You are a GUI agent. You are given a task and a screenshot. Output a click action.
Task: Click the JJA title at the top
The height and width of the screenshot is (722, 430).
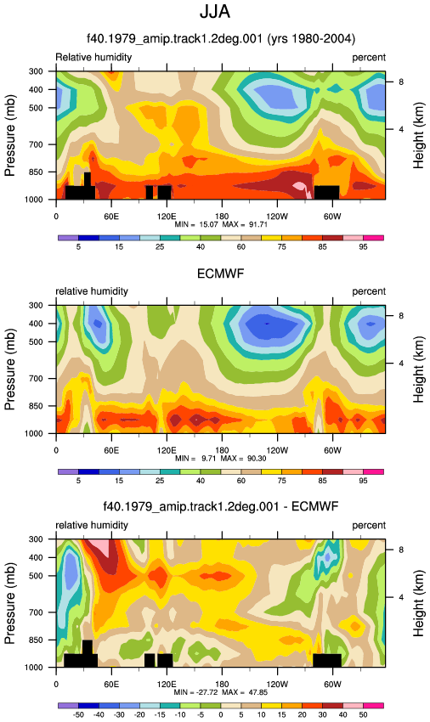click(215, 12)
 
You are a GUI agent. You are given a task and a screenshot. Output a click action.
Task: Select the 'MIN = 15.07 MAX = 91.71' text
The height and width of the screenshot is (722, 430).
click(221, 224)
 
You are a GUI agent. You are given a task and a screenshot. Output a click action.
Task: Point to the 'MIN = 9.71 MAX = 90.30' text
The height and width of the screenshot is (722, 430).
click(221, 458)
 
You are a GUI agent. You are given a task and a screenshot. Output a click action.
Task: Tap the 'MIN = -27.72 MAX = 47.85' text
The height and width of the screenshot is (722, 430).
click(221, 692)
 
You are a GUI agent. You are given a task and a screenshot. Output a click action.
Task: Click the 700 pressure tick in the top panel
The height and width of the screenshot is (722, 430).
click(36, 144)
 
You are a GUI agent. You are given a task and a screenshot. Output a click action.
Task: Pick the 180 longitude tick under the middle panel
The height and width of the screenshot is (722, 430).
click(222, 450)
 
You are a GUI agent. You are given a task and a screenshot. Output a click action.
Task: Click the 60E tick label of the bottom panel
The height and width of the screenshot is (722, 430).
click(111, 684)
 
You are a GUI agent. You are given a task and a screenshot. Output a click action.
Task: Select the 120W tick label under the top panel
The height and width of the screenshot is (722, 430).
click(277, 216)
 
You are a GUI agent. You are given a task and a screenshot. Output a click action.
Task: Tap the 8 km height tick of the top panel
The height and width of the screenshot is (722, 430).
click(401, 82)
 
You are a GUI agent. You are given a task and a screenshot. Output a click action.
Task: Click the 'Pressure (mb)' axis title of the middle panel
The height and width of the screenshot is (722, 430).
click(10, 369)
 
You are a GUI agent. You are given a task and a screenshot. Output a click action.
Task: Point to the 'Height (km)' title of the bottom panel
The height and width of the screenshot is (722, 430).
click(418, 603)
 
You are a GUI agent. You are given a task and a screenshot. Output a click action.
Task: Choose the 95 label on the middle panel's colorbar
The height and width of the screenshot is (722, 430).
click(363, 480)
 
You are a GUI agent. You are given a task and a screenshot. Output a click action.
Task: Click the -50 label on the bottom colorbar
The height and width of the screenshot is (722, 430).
click(78, 714)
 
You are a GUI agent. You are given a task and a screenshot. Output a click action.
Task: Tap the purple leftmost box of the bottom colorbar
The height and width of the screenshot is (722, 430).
click(68, 705)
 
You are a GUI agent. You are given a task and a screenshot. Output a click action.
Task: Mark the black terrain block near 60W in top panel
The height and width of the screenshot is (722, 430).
click(327, 193)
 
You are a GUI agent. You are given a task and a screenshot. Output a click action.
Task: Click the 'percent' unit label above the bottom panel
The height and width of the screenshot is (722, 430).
click(369, 525)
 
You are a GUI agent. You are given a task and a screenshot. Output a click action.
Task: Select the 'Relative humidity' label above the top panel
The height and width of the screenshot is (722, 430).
click(93, 57)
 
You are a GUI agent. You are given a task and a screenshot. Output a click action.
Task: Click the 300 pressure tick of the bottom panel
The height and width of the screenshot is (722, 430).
click(36, 539)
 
